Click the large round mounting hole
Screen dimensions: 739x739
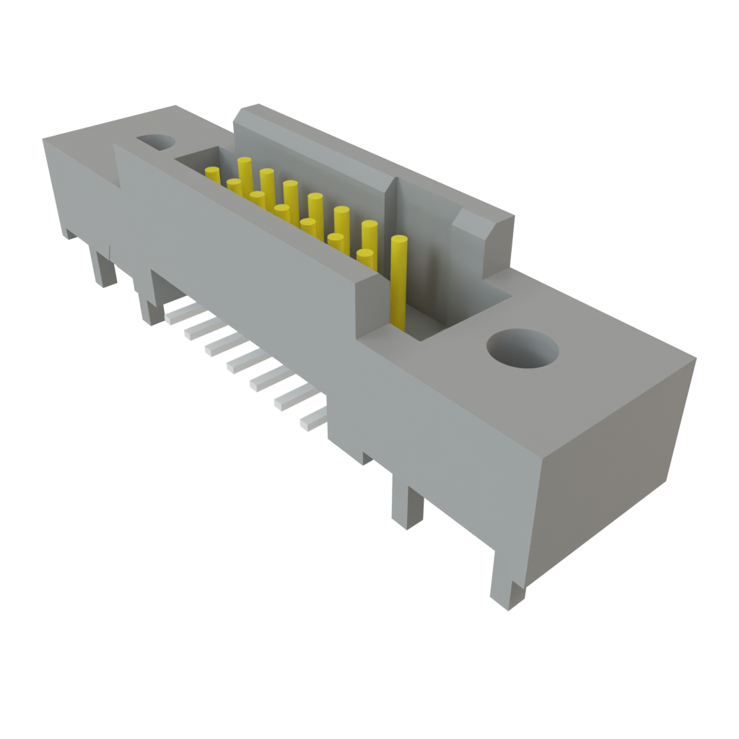click(522, 350)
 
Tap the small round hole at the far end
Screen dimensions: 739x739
click(154, 141)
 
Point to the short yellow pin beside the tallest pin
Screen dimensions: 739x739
click(365, 260)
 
